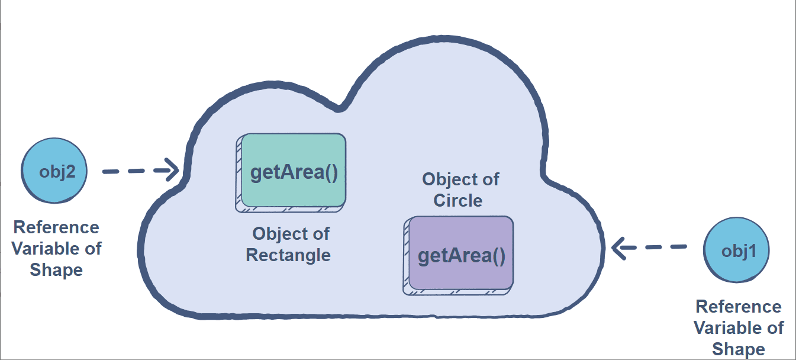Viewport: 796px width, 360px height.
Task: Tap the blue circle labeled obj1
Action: (x=737, y=250)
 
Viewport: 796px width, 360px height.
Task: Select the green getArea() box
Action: (x=293, y=171)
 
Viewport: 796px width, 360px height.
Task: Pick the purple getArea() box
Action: (x=461, y=253)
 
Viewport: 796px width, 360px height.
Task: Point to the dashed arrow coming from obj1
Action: (x=651, y=247)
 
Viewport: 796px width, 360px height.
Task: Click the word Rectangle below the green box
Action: (x=288, y=255)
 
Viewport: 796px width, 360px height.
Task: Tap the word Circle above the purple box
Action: (x=458, y=200)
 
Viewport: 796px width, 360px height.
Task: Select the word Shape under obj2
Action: (x=57, y=270)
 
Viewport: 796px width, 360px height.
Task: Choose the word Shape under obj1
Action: (x=739, y=349)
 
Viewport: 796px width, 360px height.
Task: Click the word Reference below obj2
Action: (x=56, y=227)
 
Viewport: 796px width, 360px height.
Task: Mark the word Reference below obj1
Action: (x=739, y=307)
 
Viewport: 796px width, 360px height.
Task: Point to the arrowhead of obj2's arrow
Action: (x=173, y=171)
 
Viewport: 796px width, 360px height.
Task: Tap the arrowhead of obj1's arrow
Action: (x=619, y=247)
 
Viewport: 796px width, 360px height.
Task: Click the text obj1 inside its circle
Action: (x=737, y=250)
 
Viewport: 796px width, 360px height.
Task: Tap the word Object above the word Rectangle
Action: (x=291, y=234)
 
